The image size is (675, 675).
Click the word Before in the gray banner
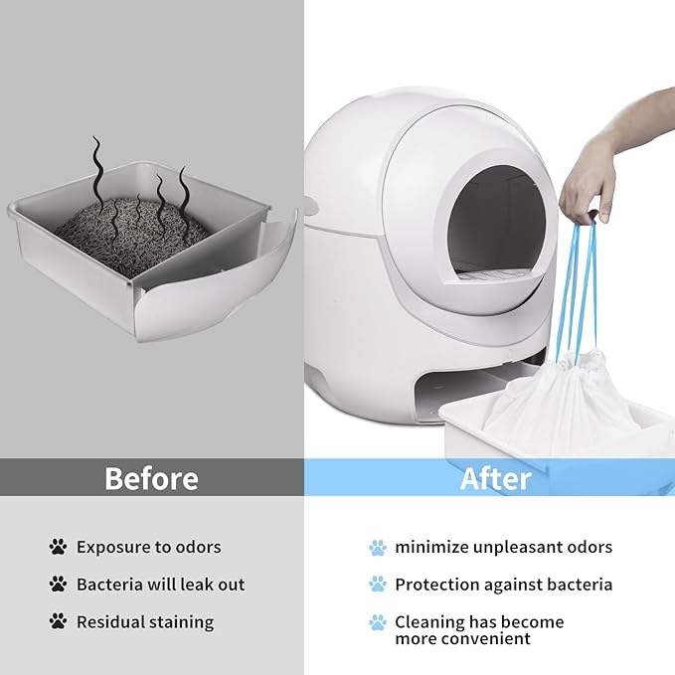click(151, 478)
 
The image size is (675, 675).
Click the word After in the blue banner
click(495, 478)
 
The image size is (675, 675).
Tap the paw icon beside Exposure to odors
click(58, 547)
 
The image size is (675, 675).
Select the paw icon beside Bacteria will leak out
click(58, 585)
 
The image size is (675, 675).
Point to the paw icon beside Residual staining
click(58, 622)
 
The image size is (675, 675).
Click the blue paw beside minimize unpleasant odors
click(377, 547)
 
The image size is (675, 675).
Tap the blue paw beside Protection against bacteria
click(377, 585)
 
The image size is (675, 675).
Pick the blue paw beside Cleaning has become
click(377, 622)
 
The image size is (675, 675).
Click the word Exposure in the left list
click(113, 547)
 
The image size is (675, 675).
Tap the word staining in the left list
click(181, 622)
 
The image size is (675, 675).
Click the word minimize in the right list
click(432, 547)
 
